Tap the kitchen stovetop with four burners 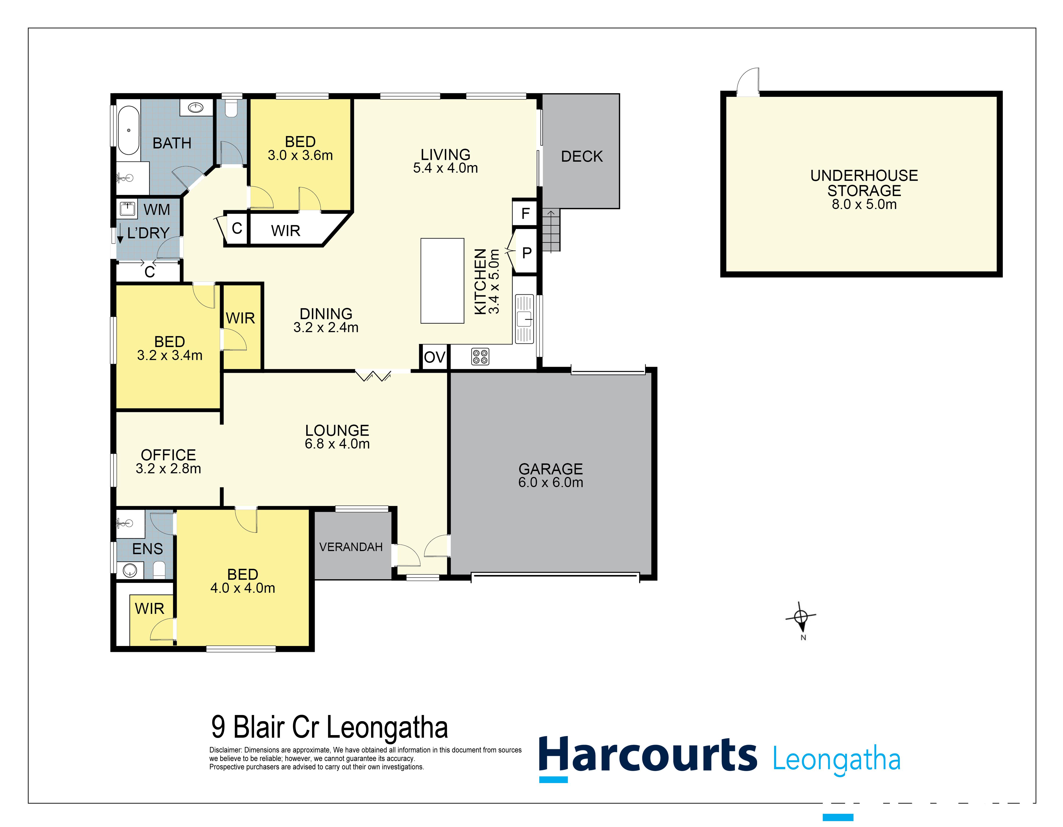click(x=480, y=357)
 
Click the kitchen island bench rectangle click(x=442, y=281)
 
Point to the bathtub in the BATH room click(x=129, y=130)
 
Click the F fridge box click(x=525, y=213)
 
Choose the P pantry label click(x=527, y=253)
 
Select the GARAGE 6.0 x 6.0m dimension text click(x=550, y=482)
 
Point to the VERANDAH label click(x=351, y=547)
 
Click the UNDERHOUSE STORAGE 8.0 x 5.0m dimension click(x=864, y=204)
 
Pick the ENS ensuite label click(x=147, y=549)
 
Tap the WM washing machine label click(x=157, y=210)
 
